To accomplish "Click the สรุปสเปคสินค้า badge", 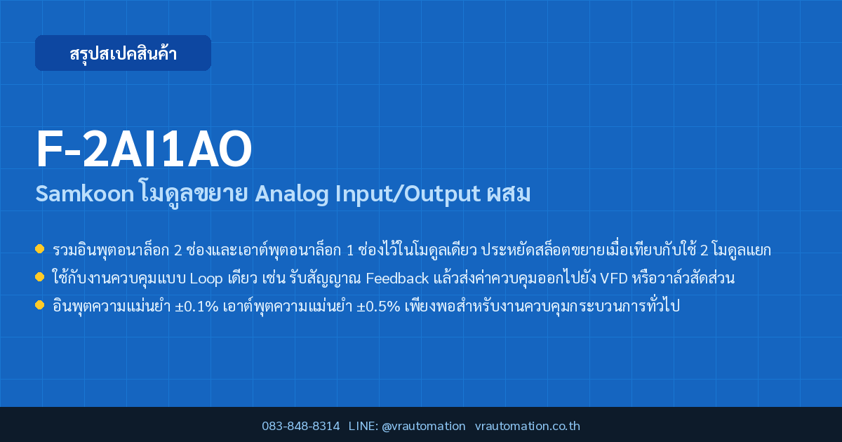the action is [123, 53].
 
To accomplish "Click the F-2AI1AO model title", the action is [144, 149].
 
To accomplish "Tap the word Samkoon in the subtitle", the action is [85, 194].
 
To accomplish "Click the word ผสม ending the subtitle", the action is [509, 194].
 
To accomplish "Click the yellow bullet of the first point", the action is [39, 249].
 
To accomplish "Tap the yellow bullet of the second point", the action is [39, 277].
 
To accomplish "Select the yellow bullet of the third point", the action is [39, 304].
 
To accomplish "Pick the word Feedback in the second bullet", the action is [397, 279].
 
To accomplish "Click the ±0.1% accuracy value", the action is [196, 307].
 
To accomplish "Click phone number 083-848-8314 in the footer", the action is [301, 427].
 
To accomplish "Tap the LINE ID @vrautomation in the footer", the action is [424, 427].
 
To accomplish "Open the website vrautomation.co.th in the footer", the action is [528, 427].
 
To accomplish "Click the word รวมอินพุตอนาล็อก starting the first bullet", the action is [111, 250].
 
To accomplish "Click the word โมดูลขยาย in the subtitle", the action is [194, 194].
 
